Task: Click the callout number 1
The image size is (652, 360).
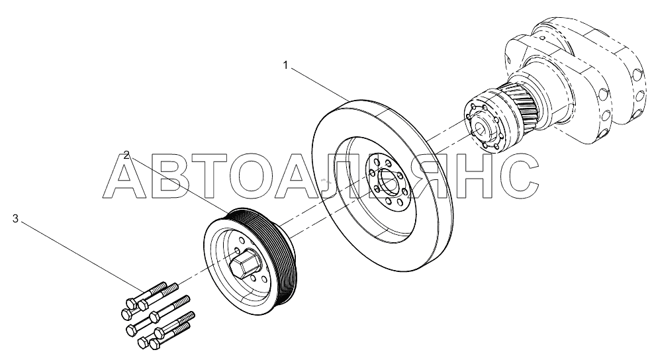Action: (x=285, y=65)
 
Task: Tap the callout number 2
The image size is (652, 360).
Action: (x=125, y=156)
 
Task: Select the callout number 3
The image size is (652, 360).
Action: (x=15, y=218)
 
